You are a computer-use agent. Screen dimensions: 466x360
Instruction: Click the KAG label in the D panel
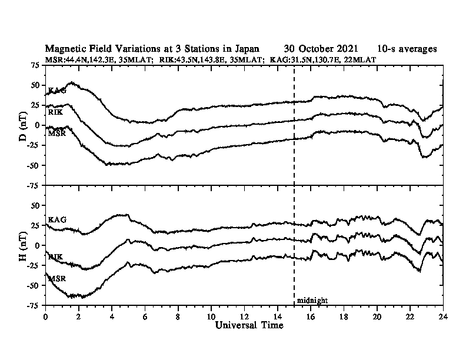[x=57, y=91]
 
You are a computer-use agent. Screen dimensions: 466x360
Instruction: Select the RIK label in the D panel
[x=55, y=112]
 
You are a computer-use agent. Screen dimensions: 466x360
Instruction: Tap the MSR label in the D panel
[x=57, y=134]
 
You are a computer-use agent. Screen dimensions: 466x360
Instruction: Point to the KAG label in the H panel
[x=57, y=220]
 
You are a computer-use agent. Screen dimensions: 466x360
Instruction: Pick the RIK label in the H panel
[x=55, y=257]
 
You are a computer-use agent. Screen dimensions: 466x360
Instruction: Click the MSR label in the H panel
[x=57, y=279]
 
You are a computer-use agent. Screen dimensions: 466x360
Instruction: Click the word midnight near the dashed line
[x=312, y=301]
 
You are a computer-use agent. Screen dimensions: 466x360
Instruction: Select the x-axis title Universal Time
[x=249, y=325]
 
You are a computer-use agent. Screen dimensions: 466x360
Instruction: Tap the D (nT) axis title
[x=23, y=126]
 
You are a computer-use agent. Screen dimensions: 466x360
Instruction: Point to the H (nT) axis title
[x=23, y=246]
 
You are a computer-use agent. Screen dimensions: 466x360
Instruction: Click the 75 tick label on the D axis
[x=35, y=65]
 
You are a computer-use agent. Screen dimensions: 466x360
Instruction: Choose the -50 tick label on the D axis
[x=34, y=165]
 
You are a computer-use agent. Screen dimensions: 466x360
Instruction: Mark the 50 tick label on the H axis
[x=36, y=205]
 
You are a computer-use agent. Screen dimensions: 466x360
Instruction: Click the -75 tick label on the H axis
[x=34, y=305]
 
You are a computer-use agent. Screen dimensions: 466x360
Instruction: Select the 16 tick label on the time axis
[x=311, y=316]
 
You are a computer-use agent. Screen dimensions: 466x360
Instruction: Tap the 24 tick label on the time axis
[x=443, y=316]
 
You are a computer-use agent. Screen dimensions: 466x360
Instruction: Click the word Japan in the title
[x=247, y=48]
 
